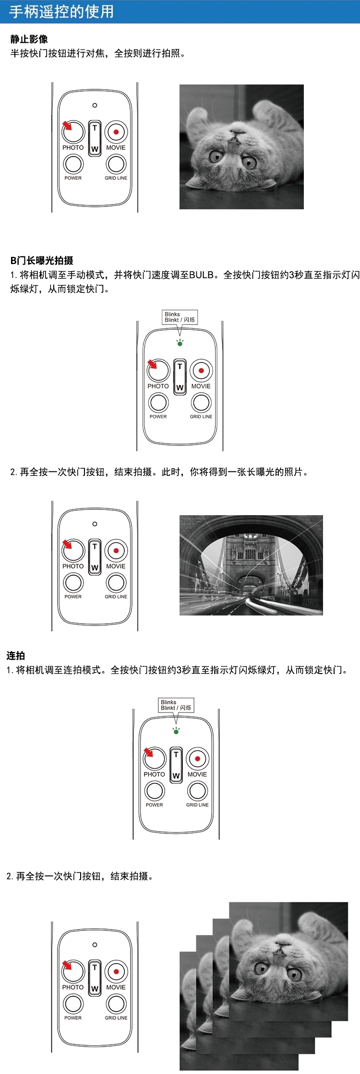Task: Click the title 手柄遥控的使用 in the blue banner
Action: pyautogui.click(x=61, y=12)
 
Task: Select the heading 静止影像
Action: pyautogui.click(x=29, y=39)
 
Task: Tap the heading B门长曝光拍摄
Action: pyautogui.click(x=42, y=261)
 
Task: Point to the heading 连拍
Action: pyautogui.click(x=16, y=655)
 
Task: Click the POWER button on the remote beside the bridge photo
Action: pyautogui.click(x=73, y=582)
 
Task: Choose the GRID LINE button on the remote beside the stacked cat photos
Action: pyautogui.click(x=116, y=1003)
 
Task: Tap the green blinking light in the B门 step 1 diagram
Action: pyautogui.click(x=180, y=343)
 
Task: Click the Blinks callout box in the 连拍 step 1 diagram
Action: pyautogui.click(x=176, y=705)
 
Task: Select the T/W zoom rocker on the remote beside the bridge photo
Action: pyautogui.click(x=95, y=557)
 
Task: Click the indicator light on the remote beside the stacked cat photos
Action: pyautogui.click(x=95, y=944)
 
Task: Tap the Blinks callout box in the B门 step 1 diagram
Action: pyautogui.click(x=180, y=317)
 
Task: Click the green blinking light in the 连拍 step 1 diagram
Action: pyautogui.click(x=176, y=731)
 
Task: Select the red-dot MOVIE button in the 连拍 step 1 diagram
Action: pyautogui.click(x=197, y=759)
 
